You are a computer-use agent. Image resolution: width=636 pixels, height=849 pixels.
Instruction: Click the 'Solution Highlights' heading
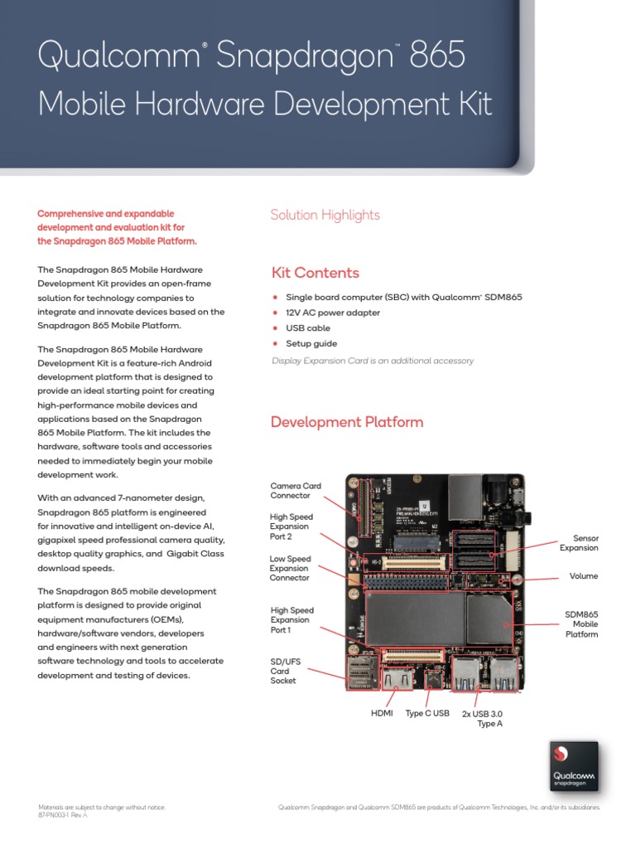(x=325, y=215)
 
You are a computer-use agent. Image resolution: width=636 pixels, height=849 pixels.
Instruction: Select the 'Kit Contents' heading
(x=315, y=273)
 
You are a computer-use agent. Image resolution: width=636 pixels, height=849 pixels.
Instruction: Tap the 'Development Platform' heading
(x=347, y=422)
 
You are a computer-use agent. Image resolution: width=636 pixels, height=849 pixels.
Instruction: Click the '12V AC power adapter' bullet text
(x=333, y=313)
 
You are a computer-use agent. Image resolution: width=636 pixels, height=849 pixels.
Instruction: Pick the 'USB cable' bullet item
(x=308, y=328)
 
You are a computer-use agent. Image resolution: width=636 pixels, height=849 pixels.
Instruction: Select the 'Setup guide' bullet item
(x=311, y=343)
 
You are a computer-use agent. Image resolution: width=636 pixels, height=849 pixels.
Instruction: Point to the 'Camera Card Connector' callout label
(x=296, y=491)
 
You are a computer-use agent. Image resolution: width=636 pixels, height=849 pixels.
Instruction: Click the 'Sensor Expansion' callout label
(x=579, y=543)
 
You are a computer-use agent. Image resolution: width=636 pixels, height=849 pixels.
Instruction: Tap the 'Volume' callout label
(x=583, y=576)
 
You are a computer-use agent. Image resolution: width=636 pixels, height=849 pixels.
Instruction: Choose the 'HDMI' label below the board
(x=381, y=713)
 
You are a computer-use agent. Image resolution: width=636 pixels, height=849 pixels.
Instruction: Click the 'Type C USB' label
(x=427, y=713)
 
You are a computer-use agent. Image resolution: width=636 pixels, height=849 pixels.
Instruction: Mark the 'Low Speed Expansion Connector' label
(x=291, y=568)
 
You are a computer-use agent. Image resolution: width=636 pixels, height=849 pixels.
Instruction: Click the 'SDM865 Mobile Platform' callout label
(x=581, y=624)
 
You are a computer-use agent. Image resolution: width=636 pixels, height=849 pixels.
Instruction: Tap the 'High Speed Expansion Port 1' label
(x=291, y=620)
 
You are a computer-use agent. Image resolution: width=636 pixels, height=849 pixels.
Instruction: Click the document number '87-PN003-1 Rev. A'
(x=63, y=815)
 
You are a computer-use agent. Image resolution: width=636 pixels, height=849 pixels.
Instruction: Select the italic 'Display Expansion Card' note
(x=373, y=361)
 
